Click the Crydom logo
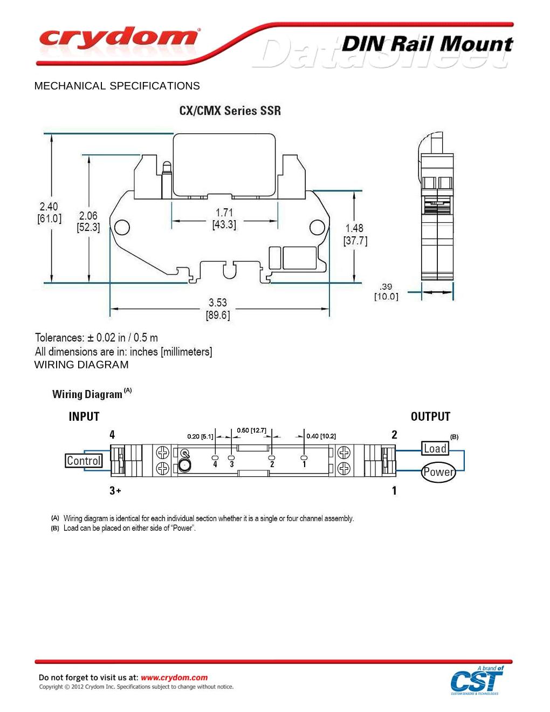(x=119, y=39)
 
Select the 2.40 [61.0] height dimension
(x=49, y=213)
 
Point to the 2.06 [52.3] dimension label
(x=88, y=222)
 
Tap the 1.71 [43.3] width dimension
(x=224, y=218)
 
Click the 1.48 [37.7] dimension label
(x=355, y=235)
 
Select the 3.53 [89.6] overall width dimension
(x=218, y=309)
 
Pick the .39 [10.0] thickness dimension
(x=386, y=292)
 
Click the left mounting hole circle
(x=122, y=227)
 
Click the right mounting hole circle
(x=318, y=227)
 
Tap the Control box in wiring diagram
(x=84, y=461)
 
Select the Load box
(x=435, y=448)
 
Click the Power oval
(x=438, y=472)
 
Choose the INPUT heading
(x=84, y=416)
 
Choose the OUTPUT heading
(x=430, y=416)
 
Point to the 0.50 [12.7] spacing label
(x=251, y=430)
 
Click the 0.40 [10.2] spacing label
(x=321, y=436)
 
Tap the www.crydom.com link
(x=174, y=677)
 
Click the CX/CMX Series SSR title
(x=230, y=111)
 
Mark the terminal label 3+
(x=115, y=490)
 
